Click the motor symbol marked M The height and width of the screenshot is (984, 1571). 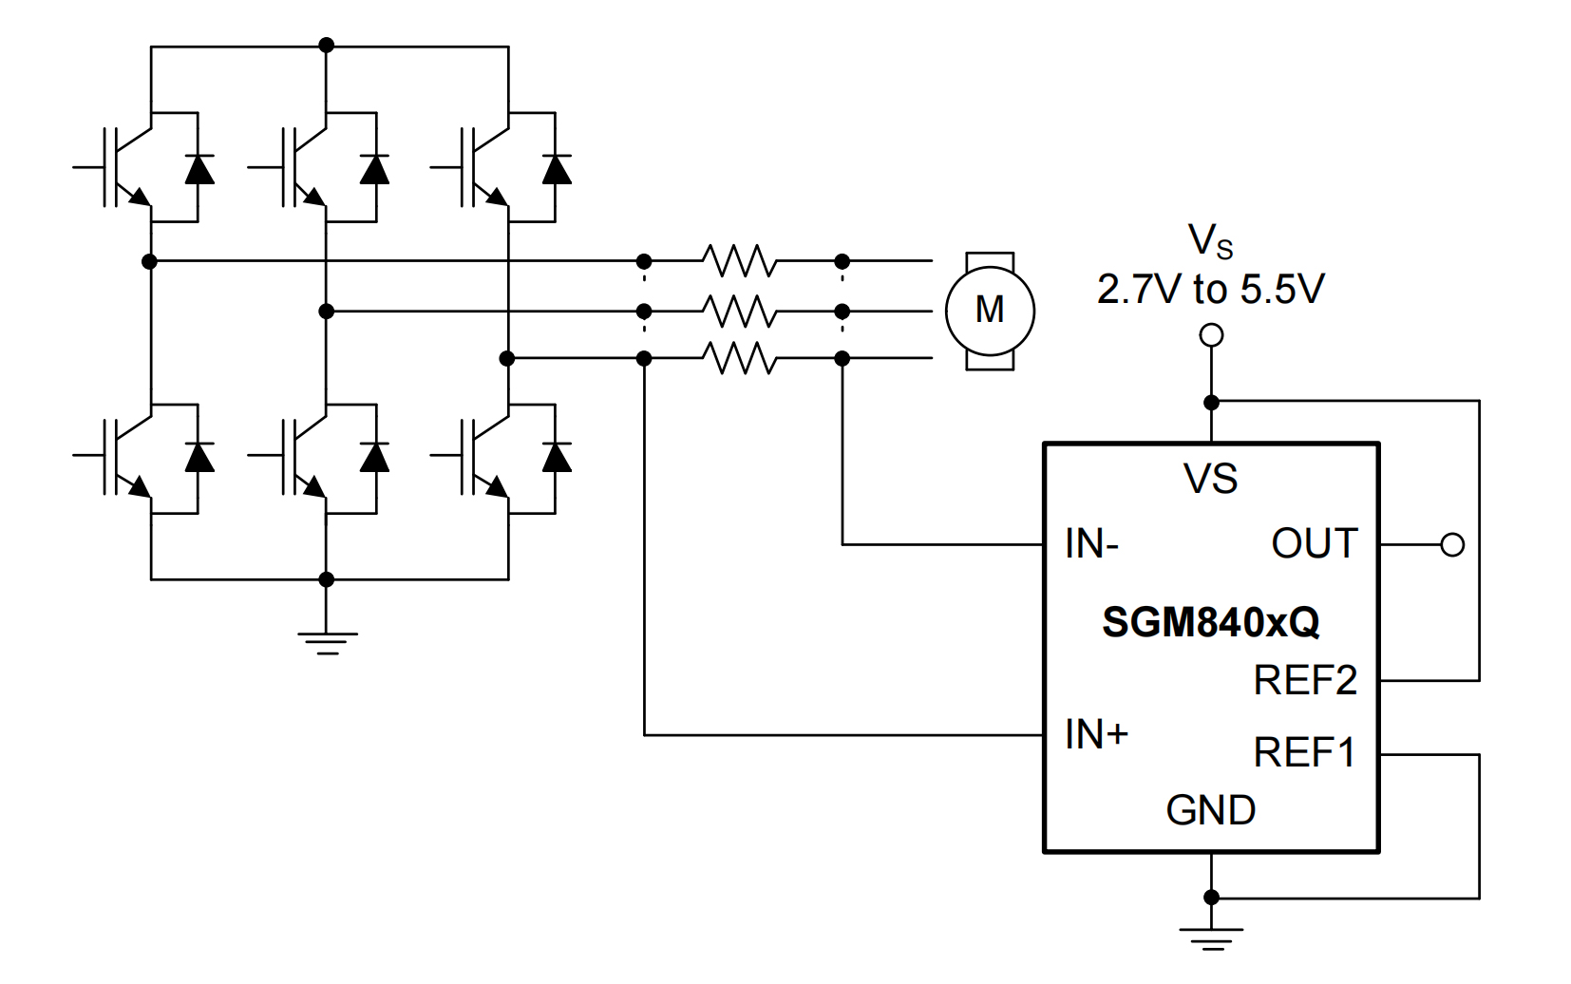(989, 311)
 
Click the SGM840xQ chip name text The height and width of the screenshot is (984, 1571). (1210, 622)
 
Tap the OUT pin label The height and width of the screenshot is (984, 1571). (1315, 544)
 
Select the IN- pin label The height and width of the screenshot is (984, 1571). (1091, 544)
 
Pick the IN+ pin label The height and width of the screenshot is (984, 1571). (1096, 734)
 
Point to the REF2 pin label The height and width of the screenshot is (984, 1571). (1305, 680)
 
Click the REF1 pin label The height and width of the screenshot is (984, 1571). (1304, 753)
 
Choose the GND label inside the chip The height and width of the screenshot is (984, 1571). (1210, 810)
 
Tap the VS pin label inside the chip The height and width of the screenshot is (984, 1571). (1210, 479)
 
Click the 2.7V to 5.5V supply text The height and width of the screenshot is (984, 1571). (1210, 290)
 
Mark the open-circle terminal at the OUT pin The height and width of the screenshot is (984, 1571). (1452, 545)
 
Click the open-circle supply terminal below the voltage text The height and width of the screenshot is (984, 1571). (1211, 335)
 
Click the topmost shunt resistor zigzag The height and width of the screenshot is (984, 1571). (740, 260)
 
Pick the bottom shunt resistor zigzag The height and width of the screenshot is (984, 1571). (740, 359)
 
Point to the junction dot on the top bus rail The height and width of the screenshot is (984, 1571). (327, 45)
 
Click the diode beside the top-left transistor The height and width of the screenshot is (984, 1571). (199, 169)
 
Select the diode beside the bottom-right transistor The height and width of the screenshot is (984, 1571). (556, 458)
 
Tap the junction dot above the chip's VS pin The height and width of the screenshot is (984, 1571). (1211, 403)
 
